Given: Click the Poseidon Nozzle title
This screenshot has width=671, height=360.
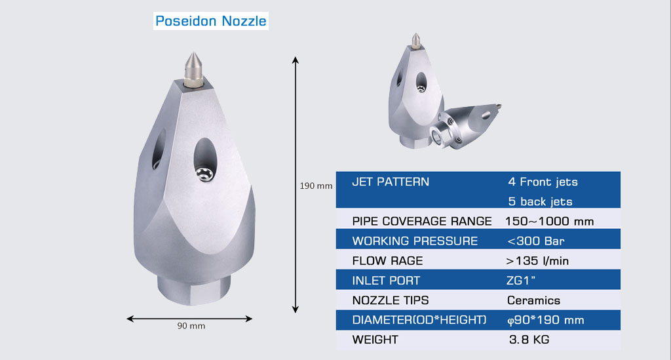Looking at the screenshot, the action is pos(210,21).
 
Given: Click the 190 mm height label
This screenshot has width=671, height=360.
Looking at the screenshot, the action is pos(316,186).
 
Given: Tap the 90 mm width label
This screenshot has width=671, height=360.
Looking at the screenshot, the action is pos(191,326).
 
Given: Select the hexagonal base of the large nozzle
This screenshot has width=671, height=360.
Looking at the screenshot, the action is pos(194,289).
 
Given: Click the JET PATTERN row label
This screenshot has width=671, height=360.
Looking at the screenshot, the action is pos(391,182).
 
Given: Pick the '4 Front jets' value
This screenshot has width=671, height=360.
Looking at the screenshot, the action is pos(543,182).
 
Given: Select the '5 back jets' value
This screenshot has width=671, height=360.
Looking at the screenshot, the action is pos(540,201).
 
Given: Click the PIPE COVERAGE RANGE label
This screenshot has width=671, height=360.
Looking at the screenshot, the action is pos(421,221).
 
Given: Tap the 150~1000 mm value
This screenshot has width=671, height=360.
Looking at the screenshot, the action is pos(549,221).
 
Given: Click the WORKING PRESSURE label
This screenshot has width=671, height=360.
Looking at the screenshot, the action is pos(415,241).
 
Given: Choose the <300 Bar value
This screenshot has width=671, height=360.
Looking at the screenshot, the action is pos(535,241).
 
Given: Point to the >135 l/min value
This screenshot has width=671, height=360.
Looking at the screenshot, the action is pos(537,260).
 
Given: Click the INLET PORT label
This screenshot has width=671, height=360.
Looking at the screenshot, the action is pos(386,281).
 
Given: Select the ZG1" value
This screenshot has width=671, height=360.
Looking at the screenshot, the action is pos(521,281).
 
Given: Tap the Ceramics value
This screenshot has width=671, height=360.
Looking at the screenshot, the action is pos(533,300).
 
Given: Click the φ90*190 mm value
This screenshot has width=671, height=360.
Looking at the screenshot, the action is pos(546,320).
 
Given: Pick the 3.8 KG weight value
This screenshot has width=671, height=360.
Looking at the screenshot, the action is pos(529,340).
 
